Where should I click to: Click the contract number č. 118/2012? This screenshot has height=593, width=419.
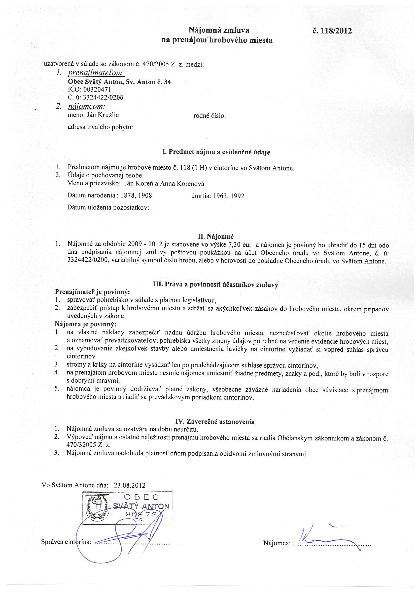click(332, 31)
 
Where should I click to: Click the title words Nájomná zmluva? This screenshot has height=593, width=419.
click(219, 31)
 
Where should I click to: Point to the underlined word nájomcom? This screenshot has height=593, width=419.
click(86, 106)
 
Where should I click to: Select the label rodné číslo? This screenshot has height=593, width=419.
click(210, 116)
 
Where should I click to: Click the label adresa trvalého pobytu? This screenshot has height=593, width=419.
click(100, 127)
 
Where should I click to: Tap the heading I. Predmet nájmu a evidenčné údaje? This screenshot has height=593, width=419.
click(216, 152)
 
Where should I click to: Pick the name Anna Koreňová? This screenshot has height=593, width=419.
click(182, 184)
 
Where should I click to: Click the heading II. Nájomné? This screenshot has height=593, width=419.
click(216, 236)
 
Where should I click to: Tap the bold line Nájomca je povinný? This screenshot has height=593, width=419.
click(86, 324)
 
